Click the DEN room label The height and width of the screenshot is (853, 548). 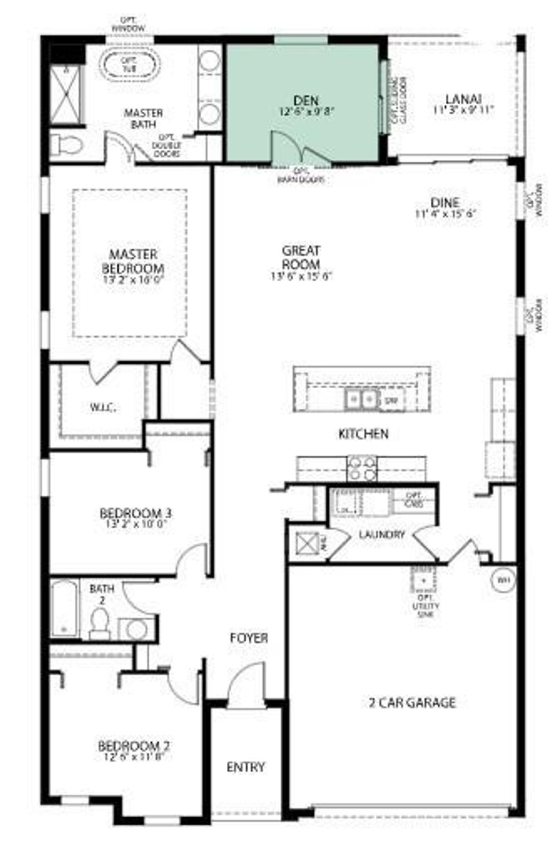tap(306, 100)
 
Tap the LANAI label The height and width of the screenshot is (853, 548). tap(463, 99)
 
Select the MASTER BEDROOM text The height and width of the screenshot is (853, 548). tap(133, 261)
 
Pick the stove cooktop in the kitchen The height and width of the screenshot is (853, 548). tap(362, 468)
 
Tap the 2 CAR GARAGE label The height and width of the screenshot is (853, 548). tap(412, 702)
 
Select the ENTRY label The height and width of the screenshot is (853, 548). tap(246, 767)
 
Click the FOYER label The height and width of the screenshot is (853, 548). tap(249, 638)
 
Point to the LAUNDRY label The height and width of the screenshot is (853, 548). tap(382, 534)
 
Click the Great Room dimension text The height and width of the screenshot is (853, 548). tap(301, 276)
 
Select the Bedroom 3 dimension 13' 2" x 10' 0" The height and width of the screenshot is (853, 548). tap(137, 524)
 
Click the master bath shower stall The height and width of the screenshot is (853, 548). tap(67, 95)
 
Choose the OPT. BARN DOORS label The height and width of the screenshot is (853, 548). tap(300, 176)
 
